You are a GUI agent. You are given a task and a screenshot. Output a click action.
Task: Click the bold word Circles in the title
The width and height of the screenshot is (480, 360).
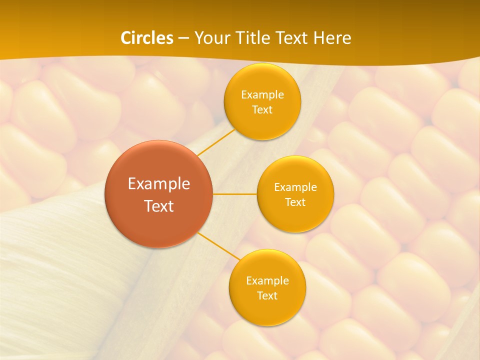pos(147,38)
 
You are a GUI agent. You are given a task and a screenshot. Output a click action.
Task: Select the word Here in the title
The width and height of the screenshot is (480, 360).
pos(332,38)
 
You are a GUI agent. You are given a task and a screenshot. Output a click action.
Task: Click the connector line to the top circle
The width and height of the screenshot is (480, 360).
pos(216,142)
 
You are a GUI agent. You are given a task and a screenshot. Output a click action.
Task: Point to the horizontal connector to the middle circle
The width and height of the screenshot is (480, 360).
pos(235,194)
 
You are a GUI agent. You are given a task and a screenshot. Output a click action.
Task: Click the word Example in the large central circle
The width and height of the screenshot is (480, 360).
pos(159,184)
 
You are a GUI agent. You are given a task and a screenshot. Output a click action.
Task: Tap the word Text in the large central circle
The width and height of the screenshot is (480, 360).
pos(159,206)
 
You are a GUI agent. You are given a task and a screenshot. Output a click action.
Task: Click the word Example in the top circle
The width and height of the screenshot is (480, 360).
pos(262,94)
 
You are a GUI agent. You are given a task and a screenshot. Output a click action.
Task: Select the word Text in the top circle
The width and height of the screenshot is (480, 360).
pos(262,109)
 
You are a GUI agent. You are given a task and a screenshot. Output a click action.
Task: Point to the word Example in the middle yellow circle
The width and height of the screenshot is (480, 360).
pos(295,187)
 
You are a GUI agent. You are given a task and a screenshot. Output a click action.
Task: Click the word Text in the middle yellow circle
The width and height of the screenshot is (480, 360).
pos(295,202)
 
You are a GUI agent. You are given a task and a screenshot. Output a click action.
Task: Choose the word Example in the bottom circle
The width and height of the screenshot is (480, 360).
pos(267,280)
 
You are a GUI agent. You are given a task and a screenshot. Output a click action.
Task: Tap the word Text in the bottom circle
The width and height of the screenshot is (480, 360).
pos(267,295)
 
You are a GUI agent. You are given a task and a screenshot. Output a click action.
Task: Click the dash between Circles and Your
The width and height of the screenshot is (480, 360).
pos(183,38)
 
